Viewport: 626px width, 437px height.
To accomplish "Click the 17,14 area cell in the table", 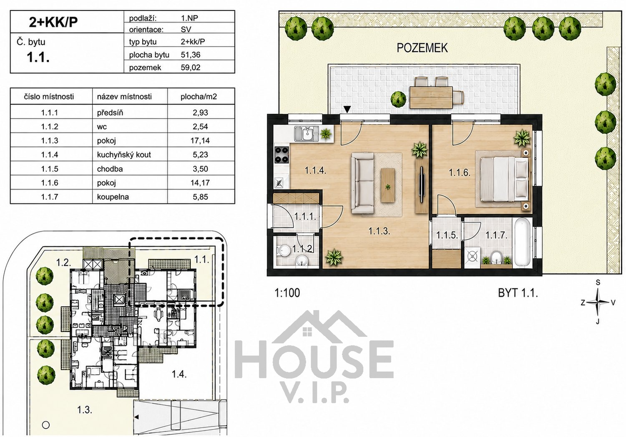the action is coord(200,140).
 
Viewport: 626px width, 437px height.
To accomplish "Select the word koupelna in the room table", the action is coord(113,197).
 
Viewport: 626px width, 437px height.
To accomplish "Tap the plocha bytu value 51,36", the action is coord(191,55).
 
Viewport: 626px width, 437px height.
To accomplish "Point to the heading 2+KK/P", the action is coord(53,22).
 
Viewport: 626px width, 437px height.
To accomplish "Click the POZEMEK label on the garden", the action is coord(422,48).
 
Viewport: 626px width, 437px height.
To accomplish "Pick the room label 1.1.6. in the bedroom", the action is coord(460,172).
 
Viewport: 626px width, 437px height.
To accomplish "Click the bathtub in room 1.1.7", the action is coord(522,242).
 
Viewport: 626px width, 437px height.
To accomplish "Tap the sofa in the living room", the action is coord(362,183).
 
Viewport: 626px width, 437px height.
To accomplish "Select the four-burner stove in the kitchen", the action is coord(282,155).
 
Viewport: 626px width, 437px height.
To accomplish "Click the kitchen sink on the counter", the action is coord(306,134).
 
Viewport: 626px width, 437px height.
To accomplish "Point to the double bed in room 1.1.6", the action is coord(504,179).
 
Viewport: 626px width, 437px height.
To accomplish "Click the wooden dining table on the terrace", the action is coord(431,97).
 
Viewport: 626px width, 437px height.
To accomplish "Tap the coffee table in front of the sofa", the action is coord(388,185).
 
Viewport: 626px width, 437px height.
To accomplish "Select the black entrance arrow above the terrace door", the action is coord(347,109).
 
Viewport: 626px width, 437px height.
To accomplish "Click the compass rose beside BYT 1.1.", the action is coord(598,302).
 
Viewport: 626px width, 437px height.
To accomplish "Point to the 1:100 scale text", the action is coord(287,293).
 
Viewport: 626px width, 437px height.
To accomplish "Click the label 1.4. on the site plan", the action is coord(179,374).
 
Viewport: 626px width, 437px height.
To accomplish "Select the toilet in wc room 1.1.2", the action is coord(284,250).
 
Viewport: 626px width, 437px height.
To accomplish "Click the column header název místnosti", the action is coord(124,96).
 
